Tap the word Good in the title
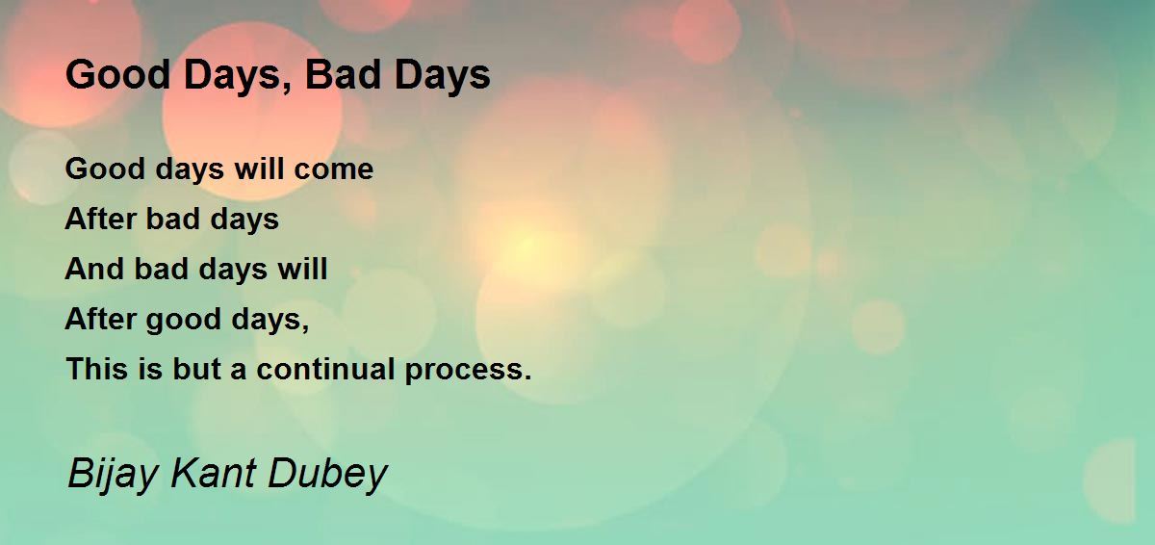point(118,74)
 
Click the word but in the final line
point(196,369)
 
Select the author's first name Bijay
point(112,474)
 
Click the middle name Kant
point(213,472)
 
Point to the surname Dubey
point(327,474)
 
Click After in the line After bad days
point(99,219)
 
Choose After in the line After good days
point(99,319)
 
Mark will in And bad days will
point(302,269)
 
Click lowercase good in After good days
point(183,321)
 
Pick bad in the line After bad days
point(172,219)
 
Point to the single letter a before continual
point(238,372)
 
